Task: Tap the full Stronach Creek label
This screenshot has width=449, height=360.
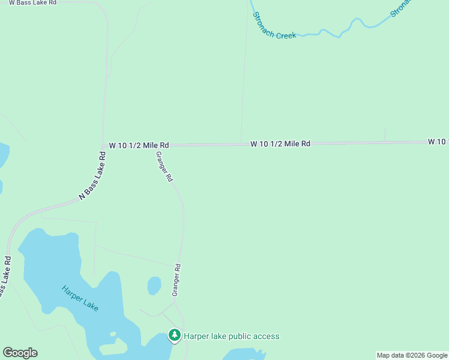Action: point(274,26)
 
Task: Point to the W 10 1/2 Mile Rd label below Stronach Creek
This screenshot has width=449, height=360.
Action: point(280,144)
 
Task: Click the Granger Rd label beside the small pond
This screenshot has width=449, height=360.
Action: point(176,280)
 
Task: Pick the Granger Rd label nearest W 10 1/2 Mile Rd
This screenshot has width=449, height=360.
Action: point(164,166)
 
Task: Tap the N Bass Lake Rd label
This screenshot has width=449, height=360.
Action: point(93,176)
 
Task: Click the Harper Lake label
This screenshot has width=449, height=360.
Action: point(80,298)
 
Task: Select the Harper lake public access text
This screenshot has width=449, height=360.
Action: point(231,336)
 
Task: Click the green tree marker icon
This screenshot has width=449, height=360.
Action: point(175,335)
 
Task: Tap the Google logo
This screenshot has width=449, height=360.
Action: point(20,353)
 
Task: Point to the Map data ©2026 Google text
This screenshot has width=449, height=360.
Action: point(412,355)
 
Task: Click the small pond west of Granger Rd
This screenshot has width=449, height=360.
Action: point(154,286)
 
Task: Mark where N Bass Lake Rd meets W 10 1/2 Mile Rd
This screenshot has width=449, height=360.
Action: point(104,146)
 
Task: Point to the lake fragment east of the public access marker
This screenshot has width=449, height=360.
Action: point(244,354)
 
